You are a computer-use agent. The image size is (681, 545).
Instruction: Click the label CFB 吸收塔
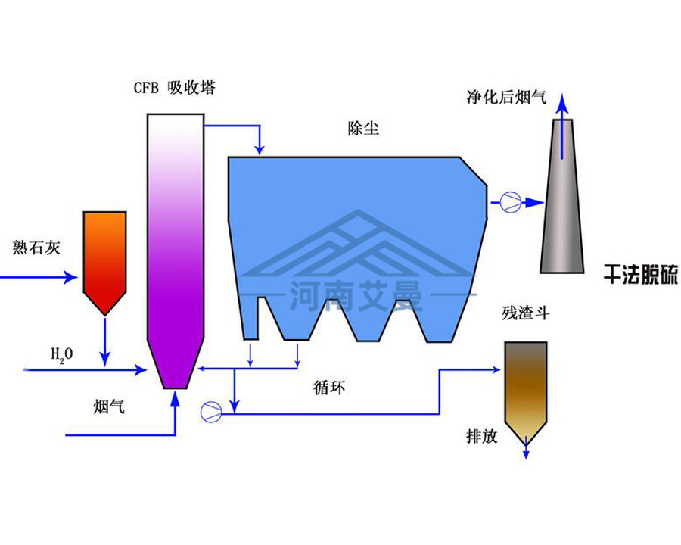[x=174, y=89]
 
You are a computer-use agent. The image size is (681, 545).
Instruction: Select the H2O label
[x=61, y=353]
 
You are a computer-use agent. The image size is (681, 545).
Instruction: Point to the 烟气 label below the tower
[x=108, y=407]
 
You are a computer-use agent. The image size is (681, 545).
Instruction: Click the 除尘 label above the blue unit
[x=359, y=129]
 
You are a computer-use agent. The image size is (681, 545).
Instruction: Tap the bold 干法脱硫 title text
[x=639, y=273]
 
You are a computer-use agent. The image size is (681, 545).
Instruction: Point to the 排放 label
[x=482, y=437]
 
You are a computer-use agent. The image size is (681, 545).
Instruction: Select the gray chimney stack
[x=562, y=204]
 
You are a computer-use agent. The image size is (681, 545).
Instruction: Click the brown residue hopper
[x=526, y=386]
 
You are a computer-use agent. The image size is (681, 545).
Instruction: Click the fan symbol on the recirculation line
[x=211, y=411]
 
